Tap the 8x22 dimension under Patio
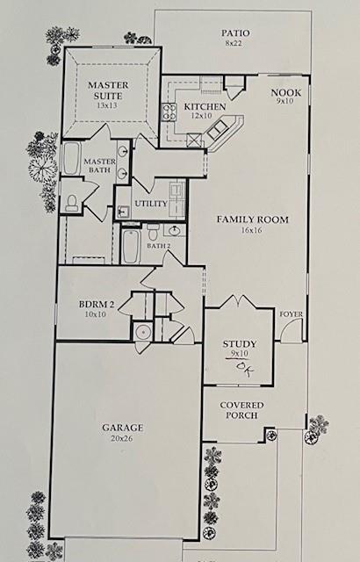pos(234,42)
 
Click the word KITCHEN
pos(205,107)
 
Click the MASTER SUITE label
pos(110,90)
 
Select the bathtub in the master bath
pos(71,162)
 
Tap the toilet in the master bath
pos(73,201)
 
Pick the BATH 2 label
pos(158,247)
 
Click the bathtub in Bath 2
pos(132,246)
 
